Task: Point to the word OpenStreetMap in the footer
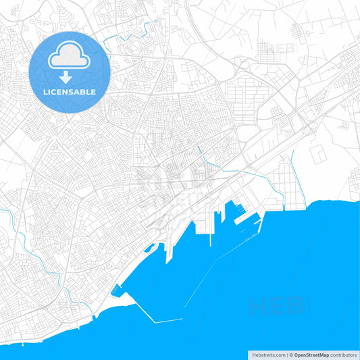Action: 311,355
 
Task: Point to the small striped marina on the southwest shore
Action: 119,292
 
